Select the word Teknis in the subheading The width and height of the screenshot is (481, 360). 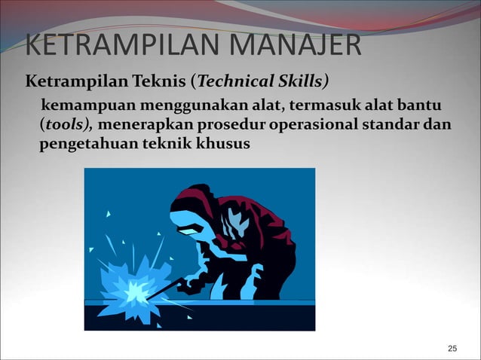click(169, 81)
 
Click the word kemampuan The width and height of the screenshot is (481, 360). click(81, 102)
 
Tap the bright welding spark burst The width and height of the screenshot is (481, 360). click(135, 288)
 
